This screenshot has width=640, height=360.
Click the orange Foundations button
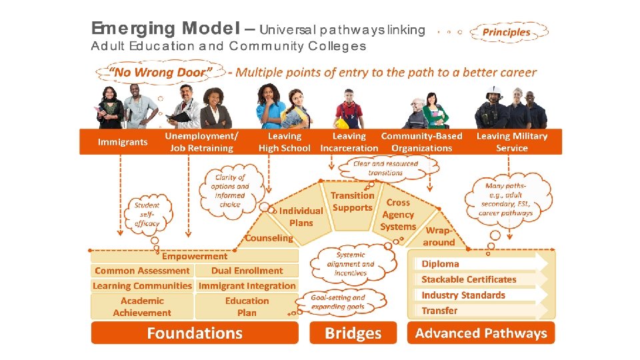pos(195,333)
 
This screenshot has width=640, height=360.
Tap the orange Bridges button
pos(353,333)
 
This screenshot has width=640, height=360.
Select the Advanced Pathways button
pos(481,333)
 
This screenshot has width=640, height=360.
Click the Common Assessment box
pos(142,271)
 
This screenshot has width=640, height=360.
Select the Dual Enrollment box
pos(247,271)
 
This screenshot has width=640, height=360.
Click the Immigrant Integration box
pos(247,286)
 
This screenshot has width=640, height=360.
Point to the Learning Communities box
pos(142,286)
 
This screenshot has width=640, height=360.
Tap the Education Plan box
pos(247,307)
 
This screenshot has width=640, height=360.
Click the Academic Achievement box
pos(142,307)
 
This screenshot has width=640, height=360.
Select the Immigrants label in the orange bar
pos(123,142)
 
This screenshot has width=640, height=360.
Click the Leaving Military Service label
pos(512,142)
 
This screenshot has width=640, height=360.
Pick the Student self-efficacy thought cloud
pos(147,214)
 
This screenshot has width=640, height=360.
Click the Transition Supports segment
pos(352,201)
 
